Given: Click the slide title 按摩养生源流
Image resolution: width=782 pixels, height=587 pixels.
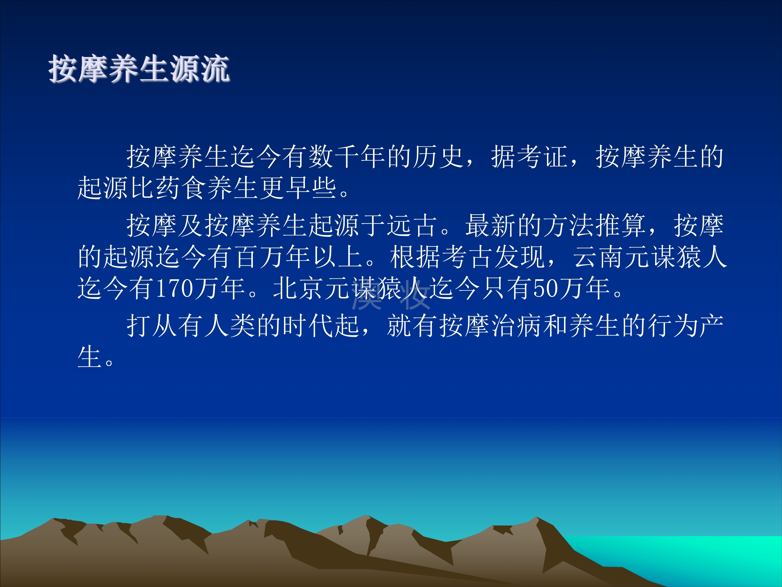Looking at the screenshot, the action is pos(139,69).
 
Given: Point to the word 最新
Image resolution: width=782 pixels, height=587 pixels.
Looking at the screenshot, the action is pos(491,225).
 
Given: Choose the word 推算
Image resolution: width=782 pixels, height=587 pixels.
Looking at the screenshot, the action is pos(621,225).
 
